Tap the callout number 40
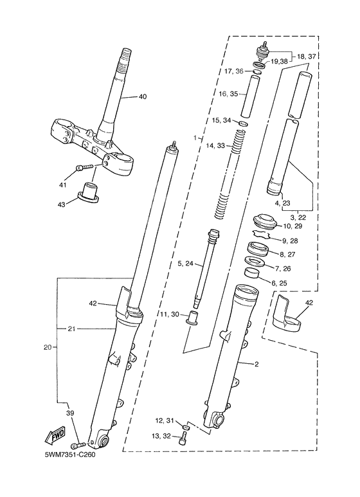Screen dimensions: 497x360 (143, 97)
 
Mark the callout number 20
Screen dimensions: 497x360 (47, 348)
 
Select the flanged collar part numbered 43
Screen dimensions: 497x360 (87, 192)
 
